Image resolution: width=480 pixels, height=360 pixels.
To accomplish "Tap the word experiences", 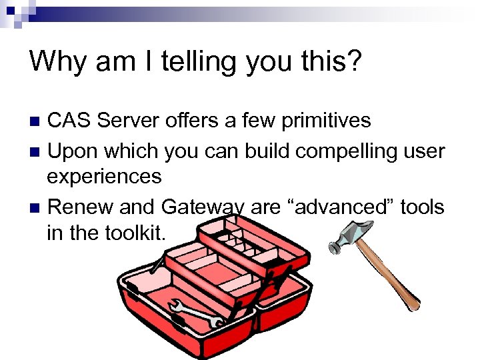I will pyautogui.click(x=104, y=177).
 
